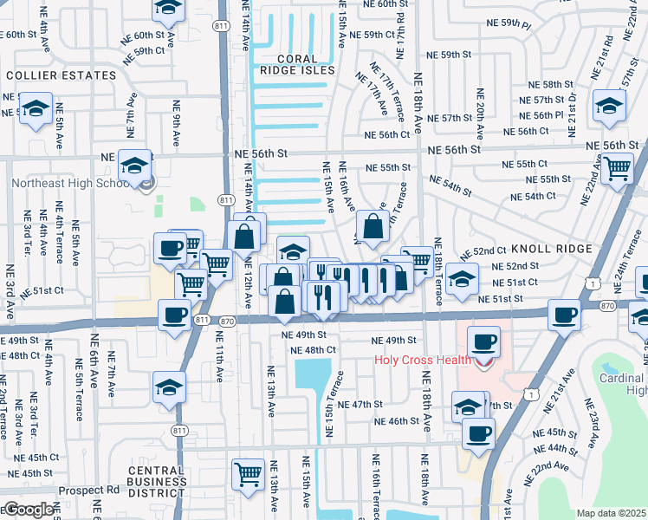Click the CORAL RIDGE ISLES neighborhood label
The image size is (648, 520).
[292, 64]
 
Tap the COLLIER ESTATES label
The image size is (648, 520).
[61, 75]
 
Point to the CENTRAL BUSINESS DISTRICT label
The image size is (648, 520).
[157, 483]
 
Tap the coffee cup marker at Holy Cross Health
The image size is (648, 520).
[483, 341]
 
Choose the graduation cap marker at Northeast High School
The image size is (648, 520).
[134, 165]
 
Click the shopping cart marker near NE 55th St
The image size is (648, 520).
[617, 167]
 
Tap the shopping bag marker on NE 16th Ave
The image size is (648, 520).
[373, 227]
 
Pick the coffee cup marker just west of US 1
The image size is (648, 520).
[565, 315]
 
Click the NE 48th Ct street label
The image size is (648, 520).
[314, 350]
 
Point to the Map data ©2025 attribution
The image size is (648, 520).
[611, 513]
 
